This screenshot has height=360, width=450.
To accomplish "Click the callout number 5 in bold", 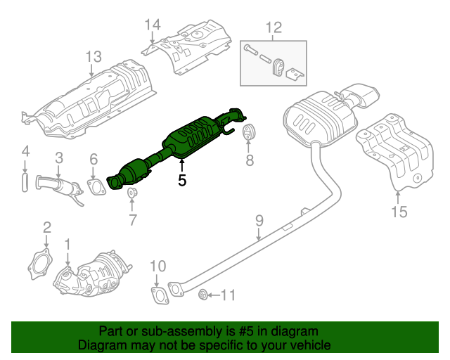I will click(x=182, y=180).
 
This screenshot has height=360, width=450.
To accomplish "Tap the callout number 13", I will click(x=94, y=56).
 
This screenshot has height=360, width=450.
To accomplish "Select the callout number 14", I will click(x=153, y=26).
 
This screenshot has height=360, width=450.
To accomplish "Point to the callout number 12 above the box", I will click(x=273, y=28).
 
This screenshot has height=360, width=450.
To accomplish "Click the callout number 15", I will click(x=399, y=211).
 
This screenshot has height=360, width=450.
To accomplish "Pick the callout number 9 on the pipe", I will click(x=259, y=221).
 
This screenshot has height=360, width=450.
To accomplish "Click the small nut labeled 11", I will click(x=202, y=294).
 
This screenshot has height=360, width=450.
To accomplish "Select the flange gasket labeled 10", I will click(x=160, y=295).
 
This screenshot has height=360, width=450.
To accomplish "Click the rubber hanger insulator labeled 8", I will click(x=248, y=133).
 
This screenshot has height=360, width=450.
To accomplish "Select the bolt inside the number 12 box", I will click(x=253, y=50).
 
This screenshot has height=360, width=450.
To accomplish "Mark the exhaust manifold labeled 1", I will click(x=91, y=276).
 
